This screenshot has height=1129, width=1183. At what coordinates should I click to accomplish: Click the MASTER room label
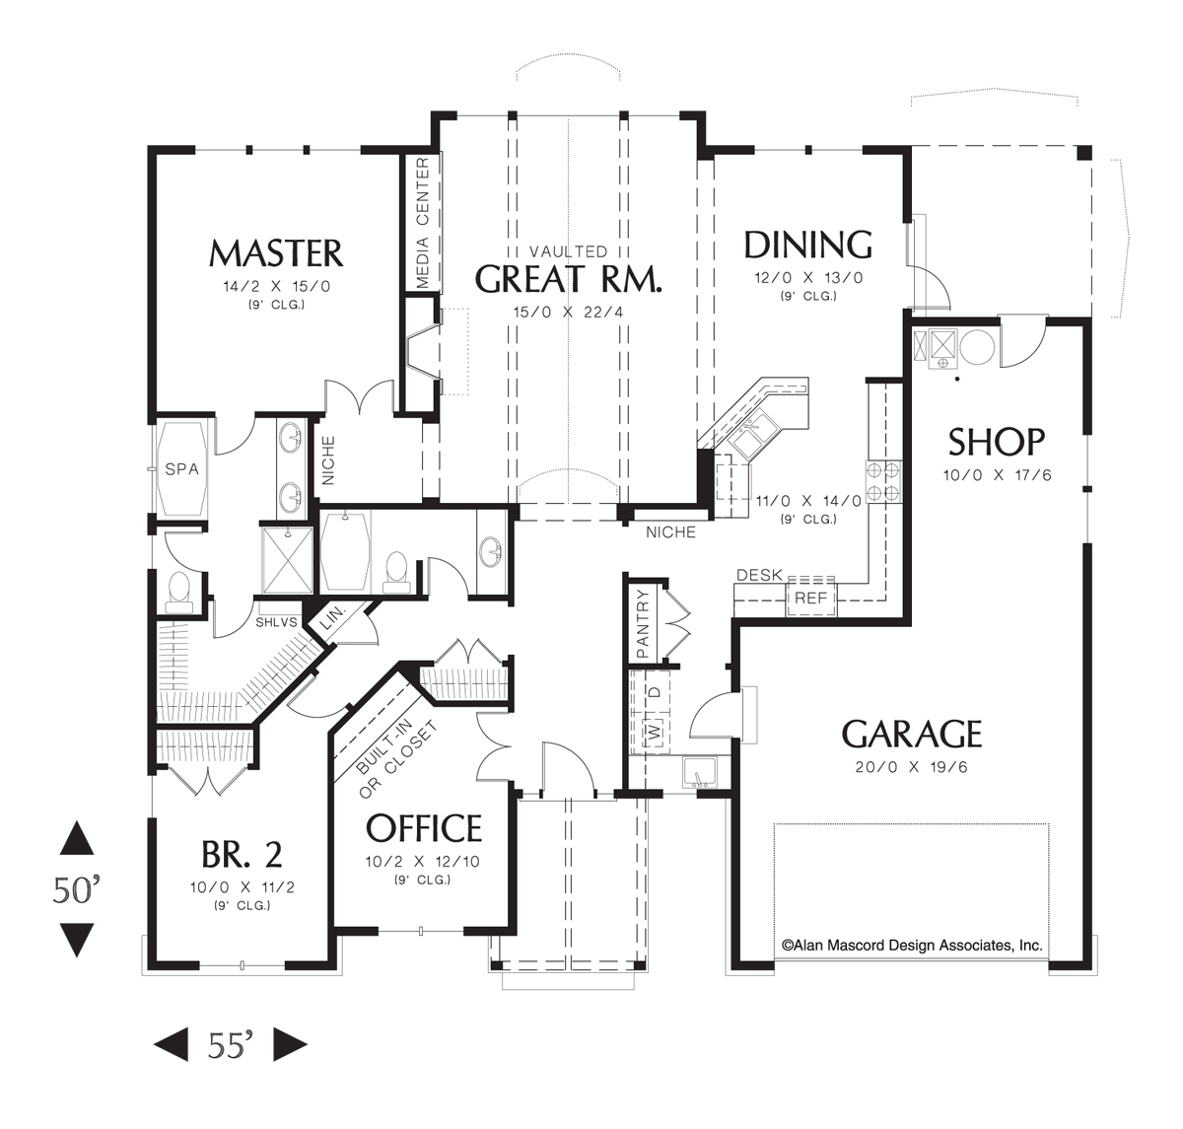pos(276,253)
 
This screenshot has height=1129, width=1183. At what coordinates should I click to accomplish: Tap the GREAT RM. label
pos(569,279)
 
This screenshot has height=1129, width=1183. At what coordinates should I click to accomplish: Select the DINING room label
pos(807,245)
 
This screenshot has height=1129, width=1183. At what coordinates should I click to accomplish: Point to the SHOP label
pos(996,442)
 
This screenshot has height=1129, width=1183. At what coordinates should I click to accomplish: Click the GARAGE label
pos(912,735)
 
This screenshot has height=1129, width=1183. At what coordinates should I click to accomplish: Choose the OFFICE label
pos(424,828)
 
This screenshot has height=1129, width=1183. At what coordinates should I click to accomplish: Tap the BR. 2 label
pos(242,853)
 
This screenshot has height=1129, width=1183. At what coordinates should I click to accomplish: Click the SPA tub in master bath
pos(181,469)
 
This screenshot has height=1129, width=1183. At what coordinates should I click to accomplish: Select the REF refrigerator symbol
pos(810,598)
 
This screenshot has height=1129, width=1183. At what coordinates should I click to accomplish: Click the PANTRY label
pos(643,623)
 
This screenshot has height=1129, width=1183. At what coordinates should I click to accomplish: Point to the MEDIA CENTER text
pos(422,224)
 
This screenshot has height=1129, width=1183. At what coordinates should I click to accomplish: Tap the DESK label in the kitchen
pos(759,575)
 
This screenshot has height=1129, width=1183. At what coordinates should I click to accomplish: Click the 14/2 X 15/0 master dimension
pos(276,287)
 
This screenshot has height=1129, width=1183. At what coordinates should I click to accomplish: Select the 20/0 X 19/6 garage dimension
pos(912,767)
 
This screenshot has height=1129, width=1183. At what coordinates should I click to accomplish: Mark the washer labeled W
pos(652,733)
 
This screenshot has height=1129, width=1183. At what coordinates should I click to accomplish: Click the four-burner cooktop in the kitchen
pos(883,480)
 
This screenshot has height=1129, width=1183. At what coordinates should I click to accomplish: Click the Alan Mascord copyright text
pos(912,945)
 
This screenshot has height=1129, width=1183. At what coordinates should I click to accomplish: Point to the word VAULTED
pos(568,252)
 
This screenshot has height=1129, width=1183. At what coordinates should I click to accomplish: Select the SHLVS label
pos(276,622)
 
